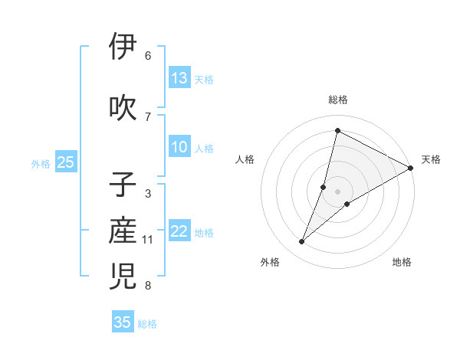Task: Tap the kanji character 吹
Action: click(123, 106)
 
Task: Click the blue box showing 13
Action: click(179, 78)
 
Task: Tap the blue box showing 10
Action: click(179, 147)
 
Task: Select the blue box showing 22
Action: click(179, 232)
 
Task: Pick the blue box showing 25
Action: click(65, 162)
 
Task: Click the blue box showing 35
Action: click(123, 322)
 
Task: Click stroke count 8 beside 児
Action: click(147, 286)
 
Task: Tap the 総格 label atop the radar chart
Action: click(338, 100)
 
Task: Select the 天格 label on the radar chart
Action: click(431, 159)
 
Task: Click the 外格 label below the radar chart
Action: click(270, 263)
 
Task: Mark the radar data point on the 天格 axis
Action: click(411, 168)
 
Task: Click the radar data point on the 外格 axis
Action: click(302, 242)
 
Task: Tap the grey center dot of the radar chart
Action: click(338, 191)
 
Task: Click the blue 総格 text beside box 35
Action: click(147, 324)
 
